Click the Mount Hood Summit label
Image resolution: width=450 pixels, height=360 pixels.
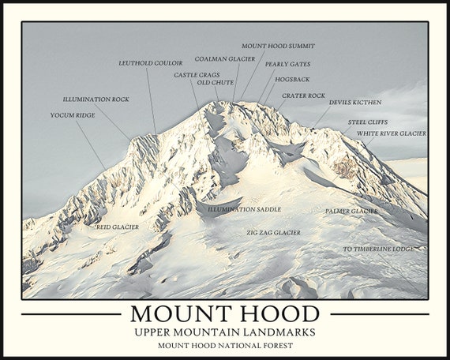pos(278,46)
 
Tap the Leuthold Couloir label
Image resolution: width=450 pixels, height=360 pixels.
pos(151,63)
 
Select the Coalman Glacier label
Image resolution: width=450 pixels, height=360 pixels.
pos(225,59)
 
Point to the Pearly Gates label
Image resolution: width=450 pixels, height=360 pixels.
pos(287,64)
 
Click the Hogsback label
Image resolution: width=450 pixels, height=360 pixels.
pos(292,79)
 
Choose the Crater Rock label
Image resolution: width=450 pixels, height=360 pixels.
pos(303,96)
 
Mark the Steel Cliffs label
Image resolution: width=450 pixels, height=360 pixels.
pos(368,122)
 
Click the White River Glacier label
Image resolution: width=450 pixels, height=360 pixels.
pos(392,133)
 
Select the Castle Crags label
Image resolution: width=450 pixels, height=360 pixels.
pos(197,75)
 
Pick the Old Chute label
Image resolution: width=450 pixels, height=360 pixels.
pos(216,82)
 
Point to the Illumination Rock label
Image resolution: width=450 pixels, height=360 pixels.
pos(96,99)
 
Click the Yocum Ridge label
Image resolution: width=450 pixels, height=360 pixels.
pos(73,115)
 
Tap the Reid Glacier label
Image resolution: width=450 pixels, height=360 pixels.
pos(118,227)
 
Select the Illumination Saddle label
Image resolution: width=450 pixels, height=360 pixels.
pos(244,209)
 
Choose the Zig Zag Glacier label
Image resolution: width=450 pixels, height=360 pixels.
pos(273,233)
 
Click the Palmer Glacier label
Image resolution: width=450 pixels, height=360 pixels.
pos(351,212)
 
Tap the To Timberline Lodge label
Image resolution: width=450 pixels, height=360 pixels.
pos(378,249)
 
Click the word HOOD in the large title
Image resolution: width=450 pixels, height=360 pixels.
pos(276,313)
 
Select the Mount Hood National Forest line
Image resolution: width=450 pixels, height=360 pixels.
pos(224,345)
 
